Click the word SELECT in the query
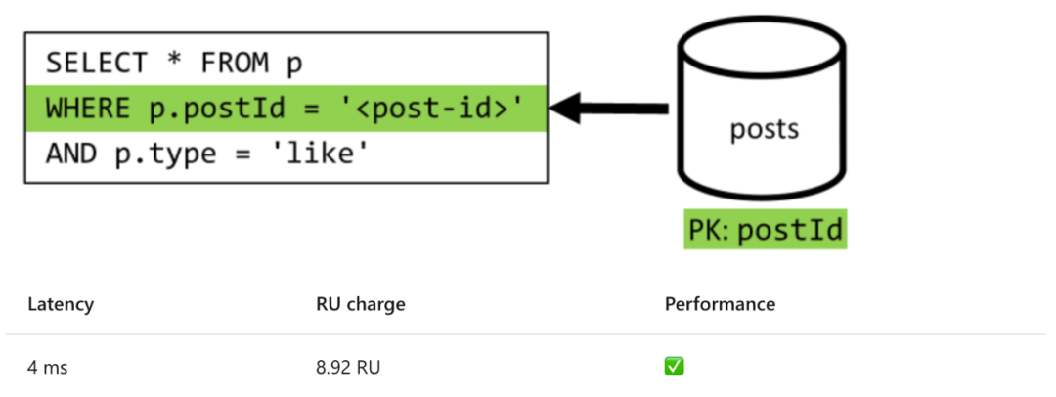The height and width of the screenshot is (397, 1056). pos(96,64)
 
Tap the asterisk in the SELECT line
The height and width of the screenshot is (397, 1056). pos(174,62)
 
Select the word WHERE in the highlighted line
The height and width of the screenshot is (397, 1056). pos(87,109)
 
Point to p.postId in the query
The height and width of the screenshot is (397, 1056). pos(215,110)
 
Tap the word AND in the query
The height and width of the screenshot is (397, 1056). pos(70,154)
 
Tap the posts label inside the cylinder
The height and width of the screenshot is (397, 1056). pos(764,129)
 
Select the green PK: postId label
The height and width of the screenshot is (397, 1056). pos(765,230)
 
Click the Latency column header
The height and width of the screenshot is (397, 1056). pos(61,304)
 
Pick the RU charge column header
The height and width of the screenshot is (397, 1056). pos(360,304)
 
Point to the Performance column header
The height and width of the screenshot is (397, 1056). pos(720,304)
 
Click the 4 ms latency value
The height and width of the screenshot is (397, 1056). pos(48,368)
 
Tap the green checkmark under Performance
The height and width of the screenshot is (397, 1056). pos(674,367)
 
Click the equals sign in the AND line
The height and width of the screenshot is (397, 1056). pos(250,155)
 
